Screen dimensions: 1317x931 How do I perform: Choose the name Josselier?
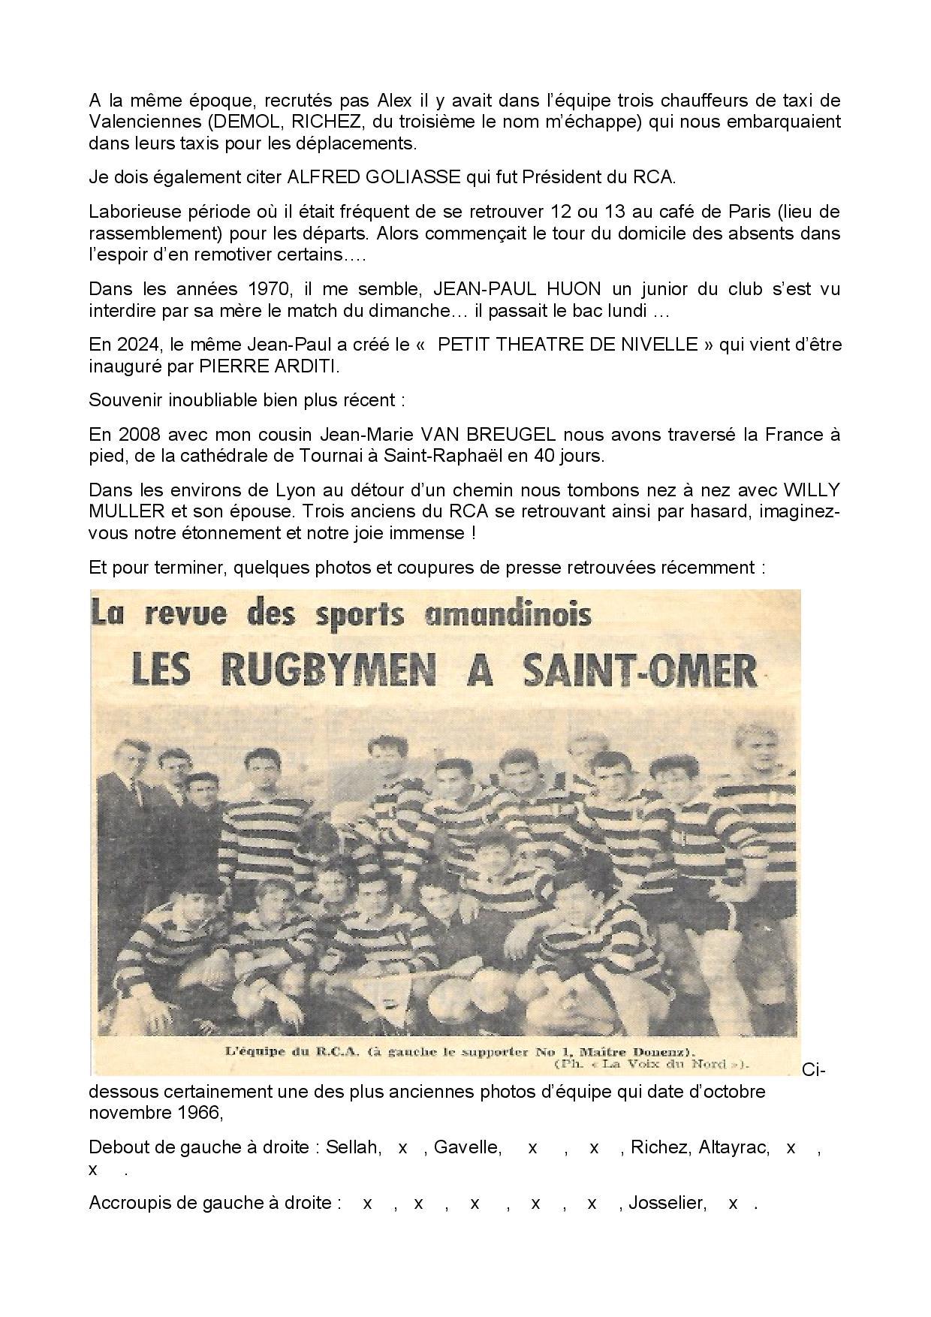(667, 1203)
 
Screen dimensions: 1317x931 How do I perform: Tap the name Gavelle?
(467, 1147)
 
